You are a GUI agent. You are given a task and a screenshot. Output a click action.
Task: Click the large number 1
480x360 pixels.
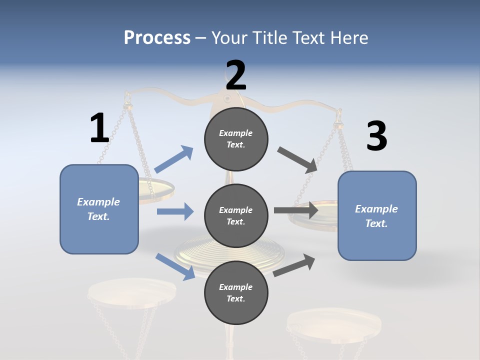99,128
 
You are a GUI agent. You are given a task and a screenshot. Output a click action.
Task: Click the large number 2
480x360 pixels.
236,75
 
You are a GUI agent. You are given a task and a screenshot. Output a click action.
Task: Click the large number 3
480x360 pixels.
376,136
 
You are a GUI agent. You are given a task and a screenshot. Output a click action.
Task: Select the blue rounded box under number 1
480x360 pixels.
99,209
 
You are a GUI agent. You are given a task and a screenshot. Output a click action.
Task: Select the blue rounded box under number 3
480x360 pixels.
377,216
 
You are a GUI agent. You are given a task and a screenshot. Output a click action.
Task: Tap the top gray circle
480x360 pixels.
236,139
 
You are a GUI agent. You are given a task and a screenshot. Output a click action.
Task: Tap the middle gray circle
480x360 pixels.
236,216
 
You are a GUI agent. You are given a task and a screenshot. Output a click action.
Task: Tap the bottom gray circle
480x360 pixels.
236,293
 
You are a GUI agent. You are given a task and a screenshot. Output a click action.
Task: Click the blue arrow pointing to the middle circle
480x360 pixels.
175,211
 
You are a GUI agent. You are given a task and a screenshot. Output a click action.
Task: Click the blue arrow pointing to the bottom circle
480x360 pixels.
175,266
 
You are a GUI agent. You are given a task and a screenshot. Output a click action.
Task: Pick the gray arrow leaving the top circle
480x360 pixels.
297,159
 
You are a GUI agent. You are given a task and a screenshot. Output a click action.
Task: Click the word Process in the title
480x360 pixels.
157,37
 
